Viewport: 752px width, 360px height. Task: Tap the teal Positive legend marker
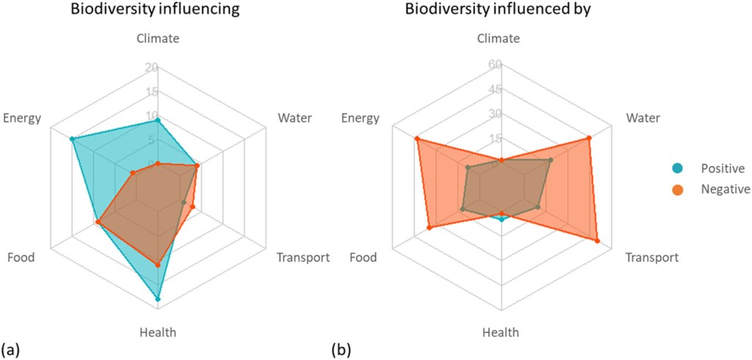(x=677, y=168)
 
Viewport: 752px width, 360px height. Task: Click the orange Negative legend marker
(x=677, y=190)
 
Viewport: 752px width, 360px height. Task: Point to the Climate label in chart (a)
(x=157, y=39)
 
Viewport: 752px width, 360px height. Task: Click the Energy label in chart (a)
(x=22, y=118)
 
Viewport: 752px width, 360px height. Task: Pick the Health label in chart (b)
(x=501, y=332)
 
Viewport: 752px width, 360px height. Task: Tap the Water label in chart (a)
(x=294, y=118)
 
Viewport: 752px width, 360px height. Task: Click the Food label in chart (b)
(x=363, y=257)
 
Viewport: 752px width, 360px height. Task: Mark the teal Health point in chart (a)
(x=157, y=299)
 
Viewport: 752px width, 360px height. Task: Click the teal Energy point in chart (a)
(x=72, y=139)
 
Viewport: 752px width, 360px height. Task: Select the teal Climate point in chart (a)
(x=157, y=120)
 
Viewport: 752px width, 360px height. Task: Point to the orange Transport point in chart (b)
(x=596, y=241)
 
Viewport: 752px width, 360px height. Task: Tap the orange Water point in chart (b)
(x=589, y=138)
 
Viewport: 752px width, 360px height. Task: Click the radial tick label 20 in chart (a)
(x=151, y=68)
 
